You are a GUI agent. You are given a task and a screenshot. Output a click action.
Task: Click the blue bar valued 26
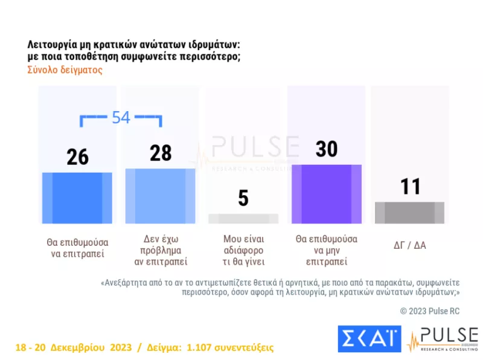(77, 198)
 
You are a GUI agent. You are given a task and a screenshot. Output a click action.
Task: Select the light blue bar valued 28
(160, 196)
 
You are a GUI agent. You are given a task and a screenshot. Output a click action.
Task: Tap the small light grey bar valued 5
(243, 219)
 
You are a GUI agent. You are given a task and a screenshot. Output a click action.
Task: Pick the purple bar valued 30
(326, 194)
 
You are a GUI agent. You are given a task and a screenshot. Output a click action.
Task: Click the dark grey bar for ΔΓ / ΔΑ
(409, 213)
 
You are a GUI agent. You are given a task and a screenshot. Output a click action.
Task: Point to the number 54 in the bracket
(121, 118)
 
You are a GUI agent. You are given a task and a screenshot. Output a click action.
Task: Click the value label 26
(77, 157)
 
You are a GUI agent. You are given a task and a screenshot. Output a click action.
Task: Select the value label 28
(161, 153)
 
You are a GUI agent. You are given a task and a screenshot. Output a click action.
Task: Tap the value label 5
(243, 198)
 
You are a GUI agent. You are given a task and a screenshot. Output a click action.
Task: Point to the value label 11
(411, 187)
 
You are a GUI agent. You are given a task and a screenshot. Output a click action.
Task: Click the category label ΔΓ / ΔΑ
(409, 246)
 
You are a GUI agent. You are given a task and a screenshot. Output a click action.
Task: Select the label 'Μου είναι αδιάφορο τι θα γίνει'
(243, 250)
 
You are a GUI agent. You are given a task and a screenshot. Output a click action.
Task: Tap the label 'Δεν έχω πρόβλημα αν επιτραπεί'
(160, 250)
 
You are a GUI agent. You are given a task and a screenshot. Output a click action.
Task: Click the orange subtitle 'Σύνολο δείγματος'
(65, 69)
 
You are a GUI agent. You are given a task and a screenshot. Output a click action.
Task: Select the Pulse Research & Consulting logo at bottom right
(443, 339)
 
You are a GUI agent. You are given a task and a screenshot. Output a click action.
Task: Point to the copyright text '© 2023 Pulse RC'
(429, 311)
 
